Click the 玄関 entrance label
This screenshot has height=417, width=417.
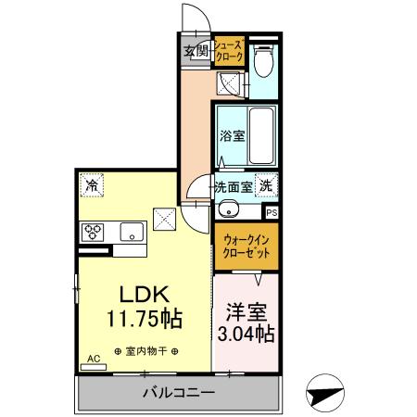[195, 51]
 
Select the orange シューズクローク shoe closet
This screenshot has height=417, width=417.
[229, 52]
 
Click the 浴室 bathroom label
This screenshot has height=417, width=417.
[232, 136]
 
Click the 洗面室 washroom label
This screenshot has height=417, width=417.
[233, 186]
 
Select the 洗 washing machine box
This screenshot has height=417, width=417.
[267, 185]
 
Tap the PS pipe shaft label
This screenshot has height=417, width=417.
[271, 210]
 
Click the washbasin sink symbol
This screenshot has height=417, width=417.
[228, 208]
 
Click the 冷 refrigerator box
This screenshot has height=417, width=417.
[92, 186]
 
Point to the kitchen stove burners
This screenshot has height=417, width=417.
[94, 233]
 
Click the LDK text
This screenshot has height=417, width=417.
[140, 294]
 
